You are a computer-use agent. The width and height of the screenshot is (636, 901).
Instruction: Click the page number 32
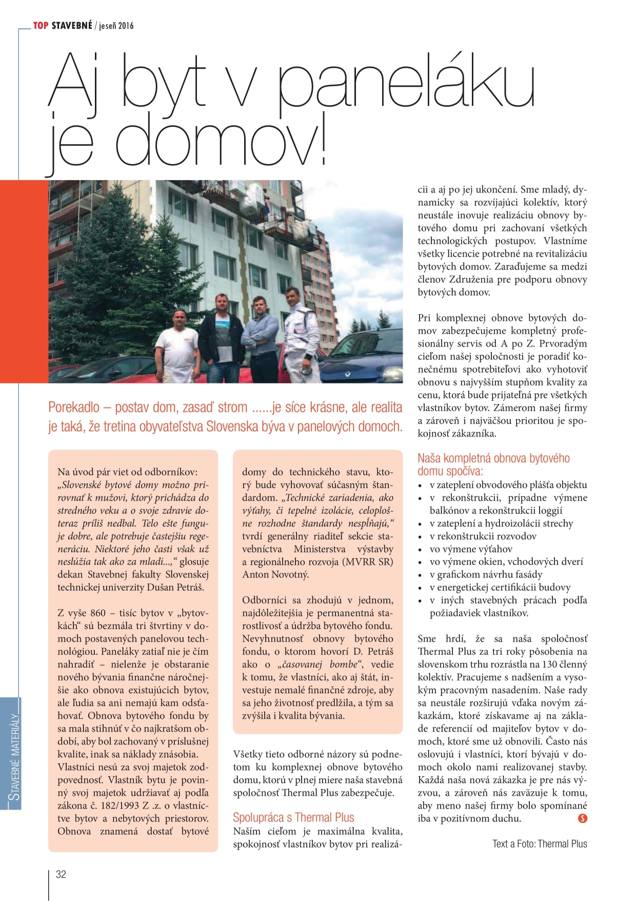tap(61, 874)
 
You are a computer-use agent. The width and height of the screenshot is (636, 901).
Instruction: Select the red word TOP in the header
tap(41, 26)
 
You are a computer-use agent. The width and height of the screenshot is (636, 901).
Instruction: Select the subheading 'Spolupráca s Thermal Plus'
tap(293, 817)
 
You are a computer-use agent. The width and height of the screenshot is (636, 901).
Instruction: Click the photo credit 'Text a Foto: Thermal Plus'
tap(540, 844)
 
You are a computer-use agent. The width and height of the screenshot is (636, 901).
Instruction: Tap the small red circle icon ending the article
tap(582, 818)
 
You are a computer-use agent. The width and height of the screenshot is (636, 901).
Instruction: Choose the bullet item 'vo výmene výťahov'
tap(471, 549)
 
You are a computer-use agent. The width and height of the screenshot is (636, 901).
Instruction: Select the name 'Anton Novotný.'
tap(275, 574)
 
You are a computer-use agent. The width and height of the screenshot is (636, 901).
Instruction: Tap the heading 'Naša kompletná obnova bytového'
tap(493, 458)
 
